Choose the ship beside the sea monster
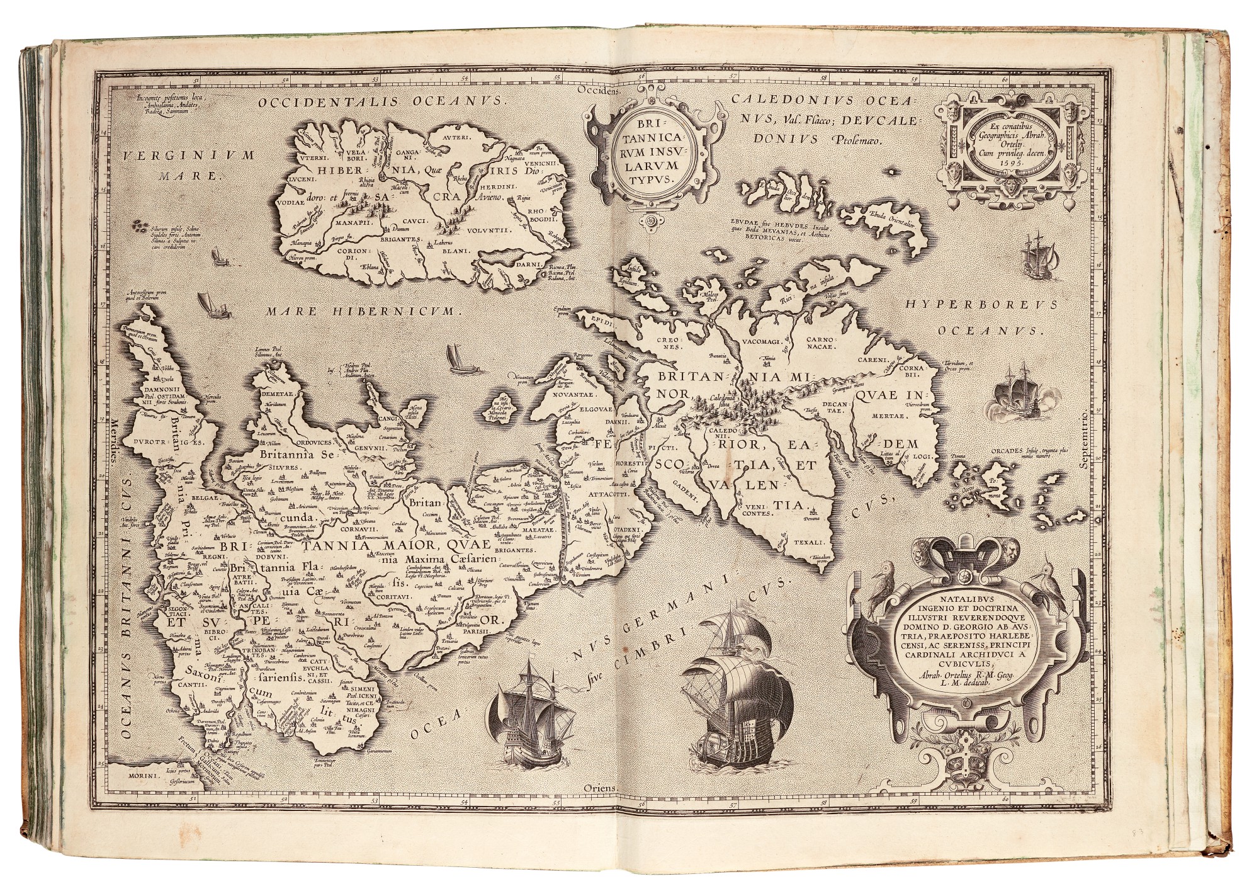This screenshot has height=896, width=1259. point(1014,388)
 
